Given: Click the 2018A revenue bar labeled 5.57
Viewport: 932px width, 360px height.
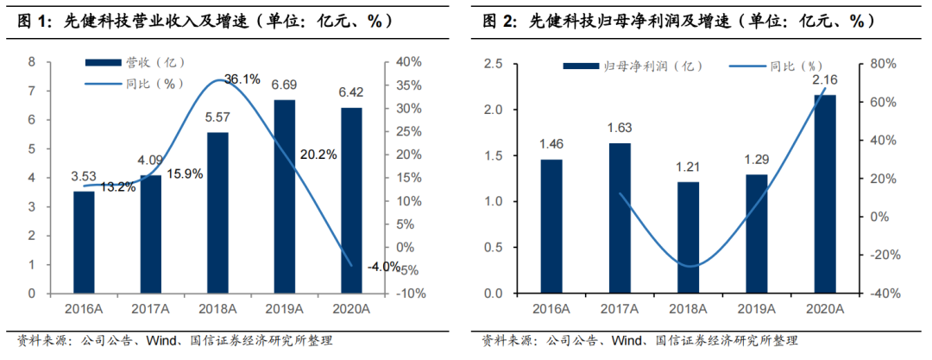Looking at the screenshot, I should coord(217,212).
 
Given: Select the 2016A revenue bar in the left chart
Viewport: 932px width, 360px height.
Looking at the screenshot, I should coord(83,242).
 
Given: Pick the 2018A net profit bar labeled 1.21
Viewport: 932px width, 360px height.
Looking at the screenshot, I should coord(688,237).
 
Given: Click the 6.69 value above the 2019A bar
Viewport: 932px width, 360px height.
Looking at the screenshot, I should coord(284,85).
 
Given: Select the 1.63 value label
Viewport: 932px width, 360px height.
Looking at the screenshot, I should coord(620,128).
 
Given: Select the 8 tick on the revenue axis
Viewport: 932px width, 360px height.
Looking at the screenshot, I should coord(31,62).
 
